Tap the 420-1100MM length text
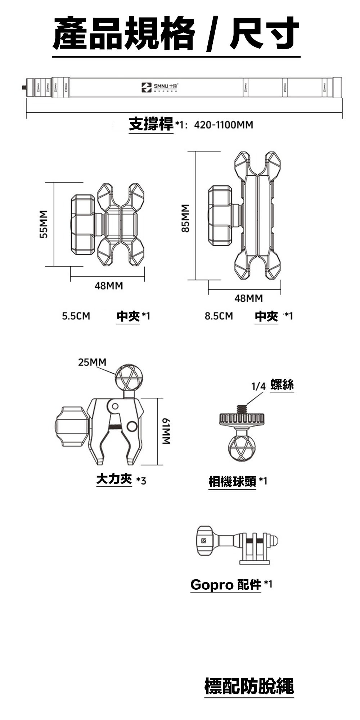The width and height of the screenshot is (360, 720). click(224, 125)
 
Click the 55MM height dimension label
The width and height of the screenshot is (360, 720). click(44, 224)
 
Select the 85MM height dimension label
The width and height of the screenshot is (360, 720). click(185, 218)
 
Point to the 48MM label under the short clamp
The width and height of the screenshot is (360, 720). click(108, 286)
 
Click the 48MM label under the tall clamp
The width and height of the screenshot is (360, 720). click(248, 298)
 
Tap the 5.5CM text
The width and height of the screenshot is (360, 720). click(76, 316)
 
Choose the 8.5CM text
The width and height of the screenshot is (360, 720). click(219, 316)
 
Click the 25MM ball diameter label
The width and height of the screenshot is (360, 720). click(92, 362)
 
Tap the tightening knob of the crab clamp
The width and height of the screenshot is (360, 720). click(71, 425)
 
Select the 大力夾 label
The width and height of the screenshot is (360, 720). click(114, 479)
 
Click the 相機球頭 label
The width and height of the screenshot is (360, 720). click(232, 481)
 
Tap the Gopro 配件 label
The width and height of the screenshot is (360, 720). click(225, 585)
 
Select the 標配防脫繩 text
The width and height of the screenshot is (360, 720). click(249, 686)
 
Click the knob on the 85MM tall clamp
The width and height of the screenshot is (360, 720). click(220, 215)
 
